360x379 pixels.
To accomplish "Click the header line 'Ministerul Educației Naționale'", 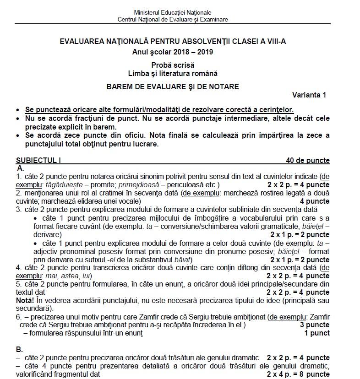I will [x=173, y=12].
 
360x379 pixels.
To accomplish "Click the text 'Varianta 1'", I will [x=309, y=95].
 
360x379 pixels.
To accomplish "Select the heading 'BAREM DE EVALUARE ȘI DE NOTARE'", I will [x=173, y=86].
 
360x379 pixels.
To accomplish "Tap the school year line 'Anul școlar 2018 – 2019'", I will [x=173, y=52].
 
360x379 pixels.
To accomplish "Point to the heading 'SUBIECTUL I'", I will [x=38, y=160].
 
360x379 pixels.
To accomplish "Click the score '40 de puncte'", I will [x=307, y=160].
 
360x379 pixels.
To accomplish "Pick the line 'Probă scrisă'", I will [x=173, y=65].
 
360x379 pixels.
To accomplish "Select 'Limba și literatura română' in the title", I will [x=173, y=73].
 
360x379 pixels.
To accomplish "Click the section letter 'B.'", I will [x=20, y=349].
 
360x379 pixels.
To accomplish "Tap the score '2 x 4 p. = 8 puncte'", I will [x=298, y=374].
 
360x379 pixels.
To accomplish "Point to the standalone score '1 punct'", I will [x=317, y=333].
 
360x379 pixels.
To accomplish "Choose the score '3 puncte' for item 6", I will [x=315, y=325].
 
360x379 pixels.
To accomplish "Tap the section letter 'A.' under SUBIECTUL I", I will [x=21, y=168].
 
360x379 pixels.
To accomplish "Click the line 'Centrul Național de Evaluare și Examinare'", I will [x=173, y=19].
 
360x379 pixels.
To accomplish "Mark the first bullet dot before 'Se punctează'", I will [x=18, y=110].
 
